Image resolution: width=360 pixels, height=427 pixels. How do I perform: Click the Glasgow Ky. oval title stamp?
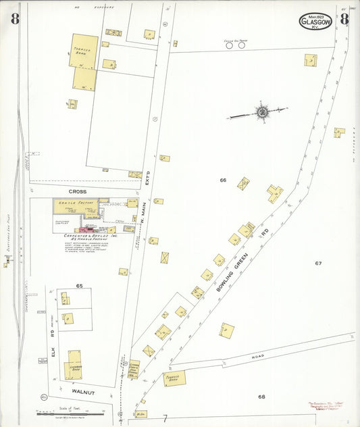315,22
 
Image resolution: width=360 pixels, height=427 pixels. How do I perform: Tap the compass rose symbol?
261,111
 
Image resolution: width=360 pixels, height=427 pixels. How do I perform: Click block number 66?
222,180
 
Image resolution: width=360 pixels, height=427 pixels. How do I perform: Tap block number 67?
318,263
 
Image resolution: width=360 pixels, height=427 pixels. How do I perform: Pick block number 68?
261,396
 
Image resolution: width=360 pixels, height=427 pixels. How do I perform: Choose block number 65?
79,286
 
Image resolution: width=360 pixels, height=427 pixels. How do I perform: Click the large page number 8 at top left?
15,18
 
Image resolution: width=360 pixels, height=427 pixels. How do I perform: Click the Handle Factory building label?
76,203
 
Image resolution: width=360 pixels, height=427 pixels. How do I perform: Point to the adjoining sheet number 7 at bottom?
163,419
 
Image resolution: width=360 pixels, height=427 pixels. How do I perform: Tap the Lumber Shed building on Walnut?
74,365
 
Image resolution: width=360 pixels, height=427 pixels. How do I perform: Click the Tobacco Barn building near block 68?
174,378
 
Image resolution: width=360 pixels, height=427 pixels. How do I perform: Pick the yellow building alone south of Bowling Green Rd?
226,331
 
